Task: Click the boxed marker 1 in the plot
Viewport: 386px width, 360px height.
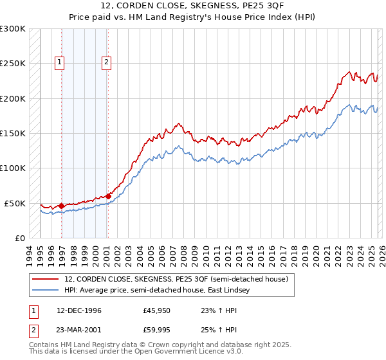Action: click(x=59, y=62)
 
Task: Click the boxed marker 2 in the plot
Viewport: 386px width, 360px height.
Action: click(x=106, y=62)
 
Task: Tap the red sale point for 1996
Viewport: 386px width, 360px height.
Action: click(x=62, y=206)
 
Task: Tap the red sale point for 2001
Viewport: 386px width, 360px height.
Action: click(x=108, y=196)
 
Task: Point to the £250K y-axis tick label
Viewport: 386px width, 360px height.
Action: click(x=13, y=64)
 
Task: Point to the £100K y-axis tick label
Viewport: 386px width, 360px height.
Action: click(x=13, y=168)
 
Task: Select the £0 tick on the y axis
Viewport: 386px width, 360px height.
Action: click(x=19, y=238)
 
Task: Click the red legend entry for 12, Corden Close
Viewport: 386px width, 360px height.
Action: click(x=179, y=279)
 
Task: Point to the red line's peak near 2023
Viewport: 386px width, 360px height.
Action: click(x=348, y=72)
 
